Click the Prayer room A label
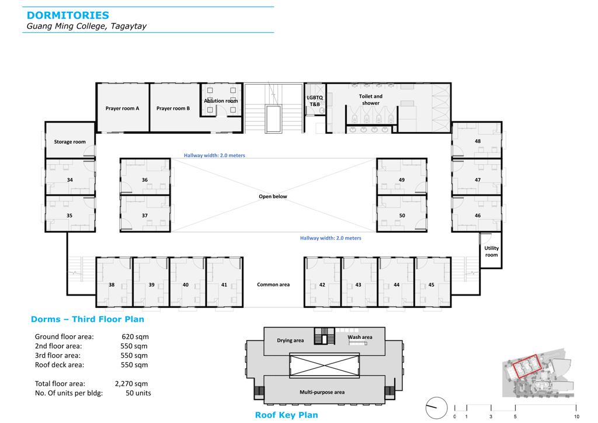click(x=122, y=108)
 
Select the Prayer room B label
click(x=173, y=108)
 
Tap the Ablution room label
click(x=221, y=100)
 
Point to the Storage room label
click(x=70, y=142)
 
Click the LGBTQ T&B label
click(x=315, y=100)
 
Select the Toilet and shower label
click(x=370, y=99)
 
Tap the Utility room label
click(x=491, y=251)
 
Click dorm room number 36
click(x=145, y=179)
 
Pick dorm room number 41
click(x=224, y=285)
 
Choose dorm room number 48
click(x=478, y=141)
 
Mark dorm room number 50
click(x=402, y=216)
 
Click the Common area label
click(x=273, y=285)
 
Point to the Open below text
click(x=273, y=196)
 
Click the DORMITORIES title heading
click(x=68, y=15)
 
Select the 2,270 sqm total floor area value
click(x=131, y=384)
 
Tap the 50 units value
click(x=138, y=393)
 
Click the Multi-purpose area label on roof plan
click(x=322, y=392)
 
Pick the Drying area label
click(x=290, y=340)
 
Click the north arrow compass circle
click(x=436, y=408)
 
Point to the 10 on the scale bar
click(x=576, y=417)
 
